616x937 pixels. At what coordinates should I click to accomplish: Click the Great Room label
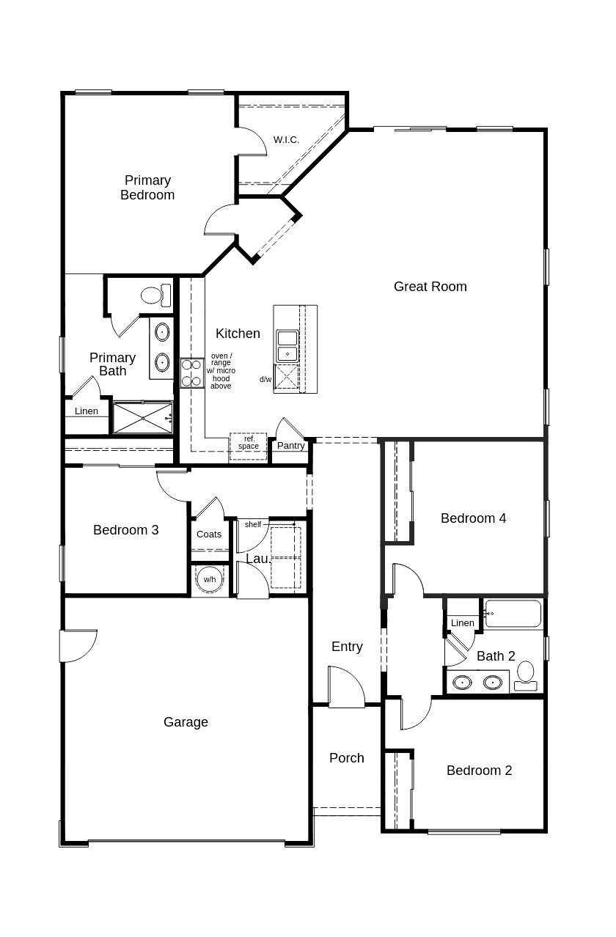point(430,287)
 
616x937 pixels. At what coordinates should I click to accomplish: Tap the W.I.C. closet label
point(286,139)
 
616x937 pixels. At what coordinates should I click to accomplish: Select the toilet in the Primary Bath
point(155,295)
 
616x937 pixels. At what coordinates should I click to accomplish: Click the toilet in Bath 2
point(526,675)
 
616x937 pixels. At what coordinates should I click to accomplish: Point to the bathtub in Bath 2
point(513,614)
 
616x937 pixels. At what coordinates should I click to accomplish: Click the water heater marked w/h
point(210,579)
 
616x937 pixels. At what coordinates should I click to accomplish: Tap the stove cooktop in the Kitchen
point(192,372)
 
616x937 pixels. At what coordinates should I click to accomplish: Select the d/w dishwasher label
point(265,379)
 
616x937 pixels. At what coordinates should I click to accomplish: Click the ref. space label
point(249,443)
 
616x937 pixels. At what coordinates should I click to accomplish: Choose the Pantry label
point(291,446)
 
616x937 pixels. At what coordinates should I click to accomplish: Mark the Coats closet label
point(209,534)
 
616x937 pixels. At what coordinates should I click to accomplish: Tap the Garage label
point(186,722)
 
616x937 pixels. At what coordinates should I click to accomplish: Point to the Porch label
point(346,758)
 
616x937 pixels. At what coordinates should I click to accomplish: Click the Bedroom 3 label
point(125,530)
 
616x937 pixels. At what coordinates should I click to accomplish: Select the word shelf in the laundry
point(253,524)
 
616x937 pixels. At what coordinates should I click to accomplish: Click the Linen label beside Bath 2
point(462,623)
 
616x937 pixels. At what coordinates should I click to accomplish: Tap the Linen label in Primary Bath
point(87,411)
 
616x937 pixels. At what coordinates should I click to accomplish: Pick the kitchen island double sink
point(287,345)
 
